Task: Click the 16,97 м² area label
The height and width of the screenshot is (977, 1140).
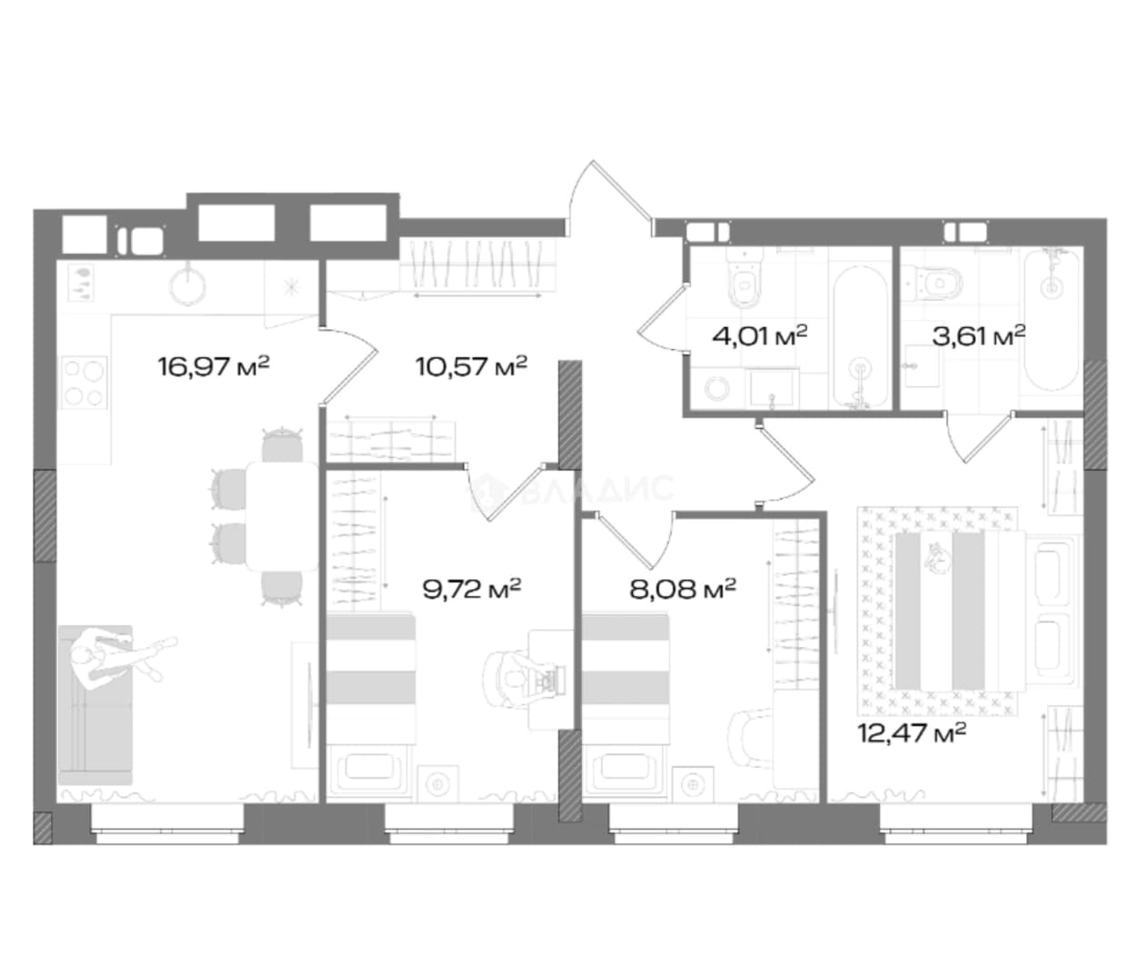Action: click(214, 366)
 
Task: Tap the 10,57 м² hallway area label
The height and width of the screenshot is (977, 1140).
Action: click(472, 366)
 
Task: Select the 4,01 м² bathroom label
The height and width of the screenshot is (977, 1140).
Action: click(759, 335)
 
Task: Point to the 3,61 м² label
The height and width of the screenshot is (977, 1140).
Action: click(978, 335)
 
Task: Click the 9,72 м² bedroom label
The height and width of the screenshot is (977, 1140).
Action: click(472, 589)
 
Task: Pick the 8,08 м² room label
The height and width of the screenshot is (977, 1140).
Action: click(682, 589)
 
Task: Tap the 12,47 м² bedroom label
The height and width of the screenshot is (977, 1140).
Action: click(911, 733)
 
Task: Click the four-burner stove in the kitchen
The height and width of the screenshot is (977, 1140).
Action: click(84, 383)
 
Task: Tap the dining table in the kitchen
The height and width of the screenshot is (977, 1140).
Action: click(283, 516)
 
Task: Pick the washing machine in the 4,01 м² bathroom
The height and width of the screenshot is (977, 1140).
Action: click(718, 387)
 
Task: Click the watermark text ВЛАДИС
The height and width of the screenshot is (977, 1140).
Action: click(598, 490)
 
